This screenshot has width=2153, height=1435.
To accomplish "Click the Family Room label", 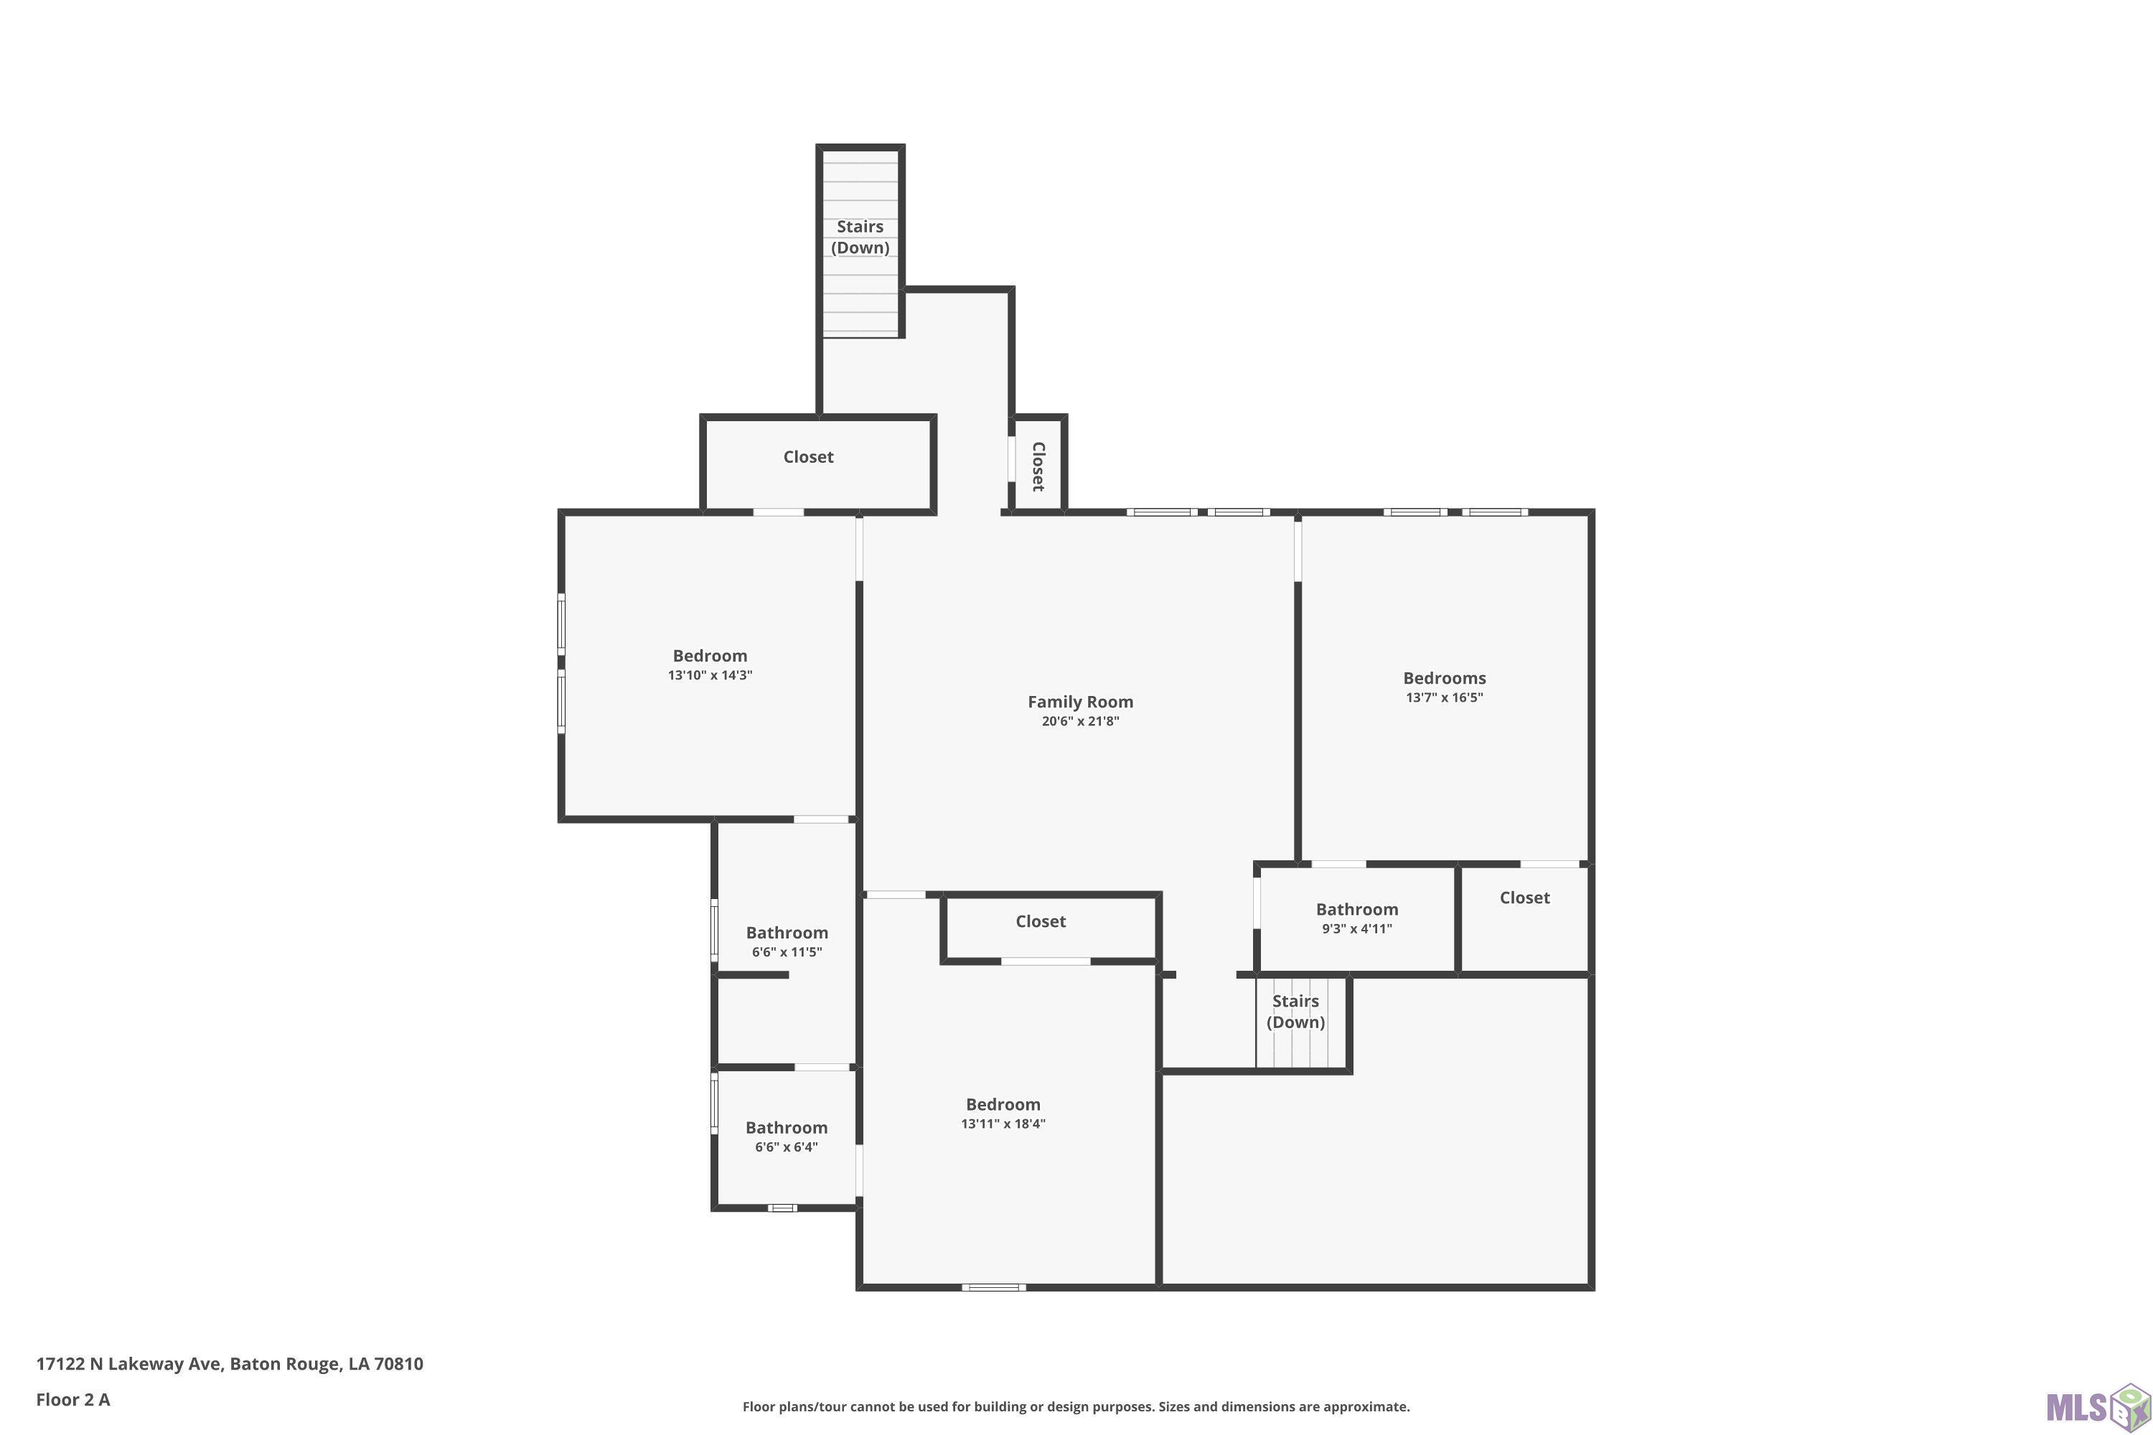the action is [x=1080, y=702].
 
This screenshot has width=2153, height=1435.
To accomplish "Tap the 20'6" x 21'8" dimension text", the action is [x=1080, y=721].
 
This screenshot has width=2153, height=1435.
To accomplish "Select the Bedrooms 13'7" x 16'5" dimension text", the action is [x=1445, y=697].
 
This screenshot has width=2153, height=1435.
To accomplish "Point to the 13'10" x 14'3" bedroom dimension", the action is [x=710, y=675].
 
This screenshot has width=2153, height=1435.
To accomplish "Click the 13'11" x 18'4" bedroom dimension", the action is [x=1003, y=1124].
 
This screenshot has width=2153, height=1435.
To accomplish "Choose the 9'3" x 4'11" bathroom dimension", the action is [x=1356, y=929].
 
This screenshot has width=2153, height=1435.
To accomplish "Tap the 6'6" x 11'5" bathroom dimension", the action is [x=787, y=952].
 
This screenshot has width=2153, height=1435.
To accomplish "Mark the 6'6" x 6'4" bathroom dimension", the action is [x=787, y=1147].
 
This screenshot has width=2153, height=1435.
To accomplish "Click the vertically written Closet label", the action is [x=1038, y=467].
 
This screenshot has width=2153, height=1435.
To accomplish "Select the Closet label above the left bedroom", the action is [x=808, y=456].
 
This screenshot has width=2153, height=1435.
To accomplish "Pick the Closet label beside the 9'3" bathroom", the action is [x=1524, y=898].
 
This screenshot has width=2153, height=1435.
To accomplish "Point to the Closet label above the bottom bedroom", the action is [x=1041, y=921].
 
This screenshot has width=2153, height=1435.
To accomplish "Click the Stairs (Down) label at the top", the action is [x=860, y=237].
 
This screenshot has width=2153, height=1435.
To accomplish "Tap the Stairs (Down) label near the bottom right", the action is [x=1295, y=1011].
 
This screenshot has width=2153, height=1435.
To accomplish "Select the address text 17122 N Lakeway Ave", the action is [x=128, y=1365].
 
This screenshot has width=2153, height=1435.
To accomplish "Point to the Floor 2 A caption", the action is [x=73, y=1399].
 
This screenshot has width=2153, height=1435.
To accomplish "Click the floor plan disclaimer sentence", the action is [x=1076, y=1406].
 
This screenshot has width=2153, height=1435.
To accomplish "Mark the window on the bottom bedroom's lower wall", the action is [x=993, y=1288].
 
